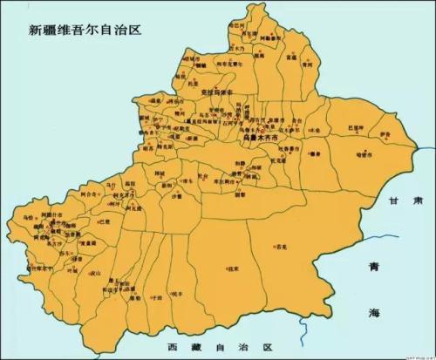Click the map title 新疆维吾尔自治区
tap(85, 28)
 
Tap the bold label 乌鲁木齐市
tap(259, 138)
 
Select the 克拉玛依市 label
tap(218, 92)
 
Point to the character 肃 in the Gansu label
tap(419, 200)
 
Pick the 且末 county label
tap(233, 269)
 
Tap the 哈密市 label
tap(364, 153)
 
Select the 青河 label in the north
tap(306, 64)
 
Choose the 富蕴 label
tap(290, 58)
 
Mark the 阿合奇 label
tap(87, 194)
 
